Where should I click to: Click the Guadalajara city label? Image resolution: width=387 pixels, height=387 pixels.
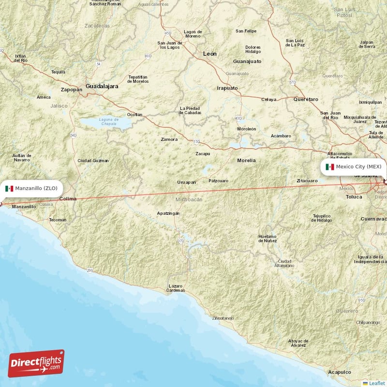(x=102, y=86)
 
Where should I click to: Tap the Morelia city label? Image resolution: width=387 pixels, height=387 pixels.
(x=246, y=160)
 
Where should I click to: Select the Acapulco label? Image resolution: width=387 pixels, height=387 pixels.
(x=339, y=372)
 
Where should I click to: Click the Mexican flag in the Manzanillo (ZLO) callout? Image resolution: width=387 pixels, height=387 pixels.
(x=9, y=188)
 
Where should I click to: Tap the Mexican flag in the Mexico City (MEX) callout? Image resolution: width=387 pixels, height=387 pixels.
(x=330, y=167)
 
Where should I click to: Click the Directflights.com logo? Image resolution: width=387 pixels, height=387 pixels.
(x=36, y=363)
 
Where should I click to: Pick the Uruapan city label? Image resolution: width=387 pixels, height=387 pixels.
(x=186, y=182)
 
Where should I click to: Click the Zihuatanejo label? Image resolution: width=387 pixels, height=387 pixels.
(x=223, y=318)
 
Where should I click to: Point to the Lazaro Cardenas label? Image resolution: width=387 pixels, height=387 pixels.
(x=176, y=288)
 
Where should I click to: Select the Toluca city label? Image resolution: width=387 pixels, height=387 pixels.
(x=354, y=197)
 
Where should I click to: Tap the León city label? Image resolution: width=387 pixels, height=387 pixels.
(x=210, y=54)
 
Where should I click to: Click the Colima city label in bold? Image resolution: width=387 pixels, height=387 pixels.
(x=68, y=198)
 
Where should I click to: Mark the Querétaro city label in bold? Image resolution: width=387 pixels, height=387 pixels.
(x=306, y=99)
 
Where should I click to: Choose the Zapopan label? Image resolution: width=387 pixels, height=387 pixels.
(x=72, y=89)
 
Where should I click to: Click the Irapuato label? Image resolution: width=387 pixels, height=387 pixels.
(x=227, y=88)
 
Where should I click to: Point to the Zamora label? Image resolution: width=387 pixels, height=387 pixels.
(x=169, y=139)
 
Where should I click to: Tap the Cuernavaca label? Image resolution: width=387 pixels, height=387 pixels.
(x=373, y=219)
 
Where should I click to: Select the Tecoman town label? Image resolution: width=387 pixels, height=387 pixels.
(x=58, y=220)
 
